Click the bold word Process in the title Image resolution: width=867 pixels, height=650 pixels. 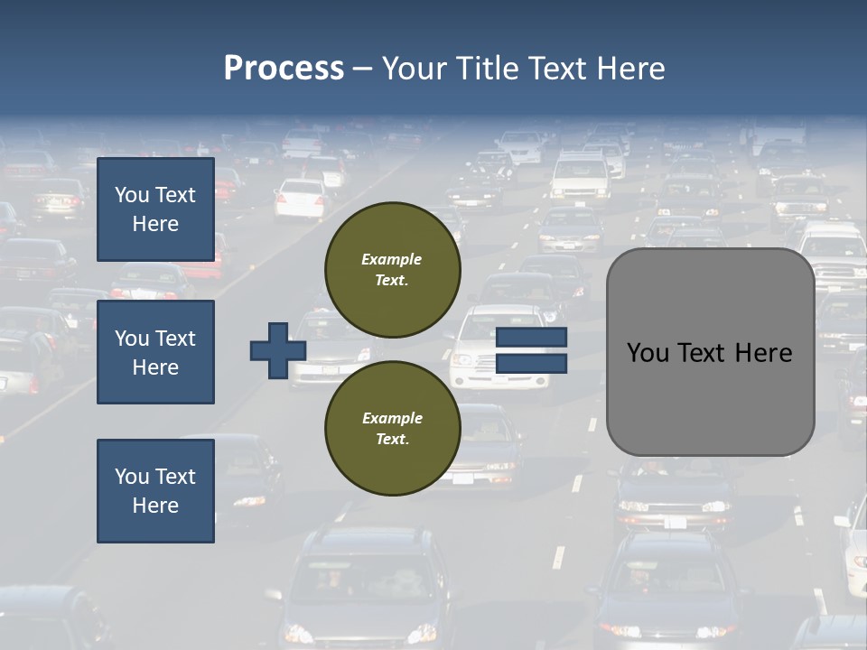click(284, 69)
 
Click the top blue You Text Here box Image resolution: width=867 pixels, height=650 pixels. click(155, 209)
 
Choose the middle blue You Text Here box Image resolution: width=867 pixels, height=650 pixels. click(155, 352)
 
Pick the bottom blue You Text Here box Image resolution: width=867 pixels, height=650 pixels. click(155, 491)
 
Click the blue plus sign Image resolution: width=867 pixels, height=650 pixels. click(277, 350)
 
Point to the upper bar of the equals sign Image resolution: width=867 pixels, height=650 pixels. click(532, 338)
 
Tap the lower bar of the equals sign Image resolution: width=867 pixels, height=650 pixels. click(532, 364)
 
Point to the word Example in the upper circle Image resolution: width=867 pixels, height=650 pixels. click(392, 259)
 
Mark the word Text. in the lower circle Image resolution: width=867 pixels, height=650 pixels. click(392, 440)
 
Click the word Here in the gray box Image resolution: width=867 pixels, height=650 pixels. click(763, 353)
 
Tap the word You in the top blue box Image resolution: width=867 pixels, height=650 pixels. click(132, 195)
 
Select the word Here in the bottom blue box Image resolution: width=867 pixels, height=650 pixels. click(155, 506)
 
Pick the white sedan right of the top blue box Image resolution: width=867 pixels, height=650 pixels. click(300, 198)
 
